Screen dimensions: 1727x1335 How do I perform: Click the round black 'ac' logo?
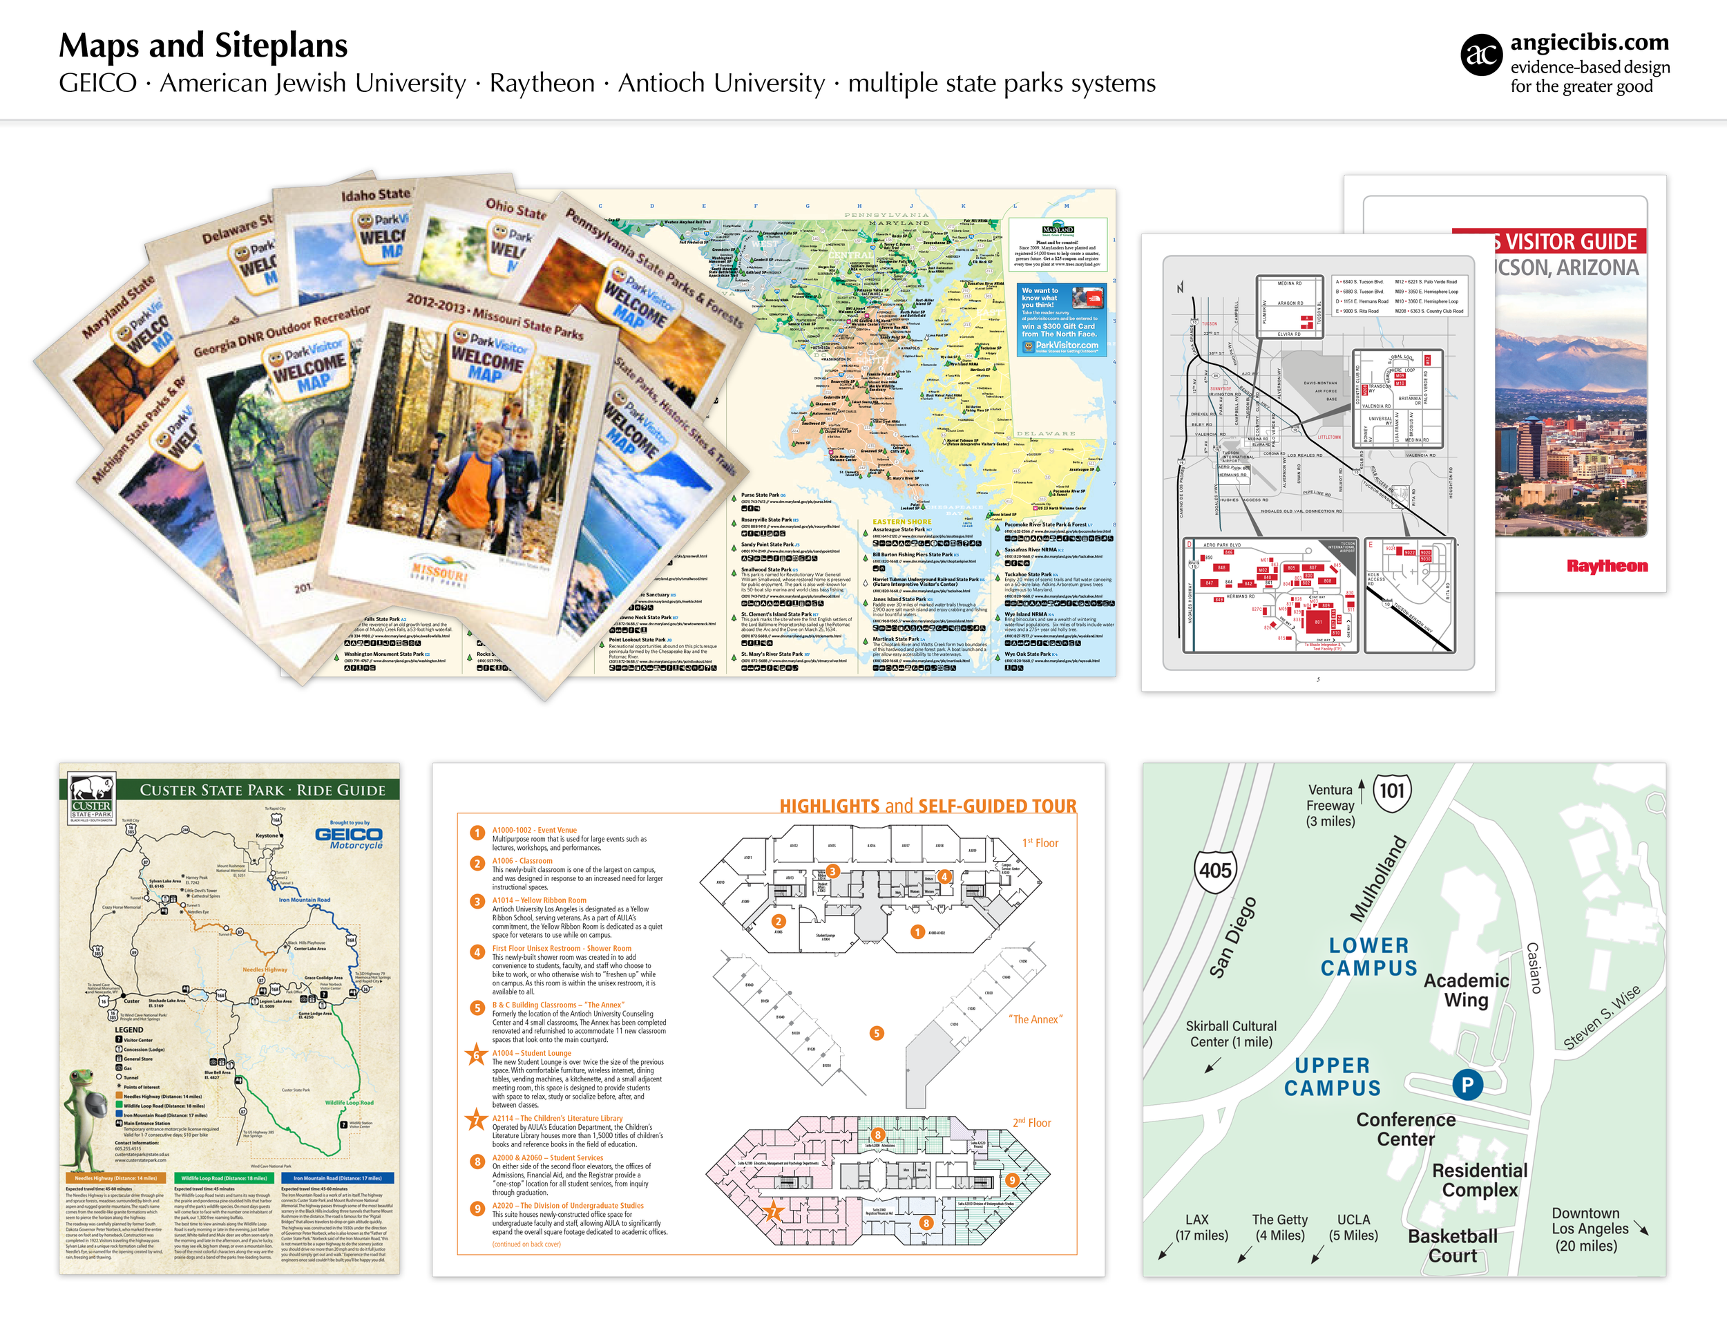[1480, 55]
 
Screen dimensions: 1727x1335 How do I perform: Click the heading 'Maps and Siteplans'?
[203, 45]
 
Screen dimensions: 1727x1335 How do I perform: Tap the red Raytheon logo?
[1607, 565]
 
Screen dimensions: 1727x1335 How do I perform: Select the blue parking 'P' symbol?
[1467, 1083]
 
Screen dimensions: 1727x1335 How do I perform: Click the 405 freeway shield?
[1215, 871]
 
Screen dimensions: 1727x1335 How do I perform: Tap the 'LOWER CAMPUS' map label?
[1368, 956]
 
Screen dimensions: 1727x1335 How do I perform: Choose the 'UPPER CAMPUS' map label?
[1333, 1077]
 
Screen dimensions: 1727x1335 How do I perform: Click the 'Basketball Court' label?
[1453, 1246]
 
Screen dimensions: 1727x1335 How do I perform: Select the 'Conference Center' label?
[1406, 1128]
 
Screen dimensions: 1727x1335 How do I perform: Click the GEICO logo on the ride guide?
[349, 837]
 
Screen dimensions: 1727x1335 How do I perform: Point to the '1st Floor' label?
[1040, 843]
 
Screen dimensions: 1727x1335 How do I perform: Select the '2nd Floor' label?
[1032, 1122]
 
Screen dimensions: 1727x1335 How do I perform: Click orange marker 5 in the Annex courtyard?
[876, 1033]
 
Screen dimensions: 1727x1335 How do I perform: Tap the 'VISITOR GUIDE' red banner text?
[1570, 242]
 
